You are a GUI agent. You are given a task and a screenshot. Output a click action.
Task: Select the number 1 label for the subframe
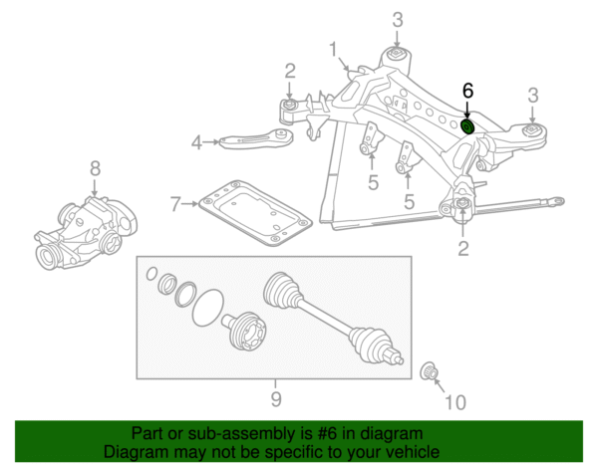click(x=334, y=48)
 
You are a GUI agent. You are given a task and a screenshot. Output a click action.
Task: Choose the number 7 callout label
click(x=175, y=205)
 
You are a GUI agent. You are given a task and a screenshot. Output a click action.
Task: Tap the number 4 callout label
click(x=197, y=143)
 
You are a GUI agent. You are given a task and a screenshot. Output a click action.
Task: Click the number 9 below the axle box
click(x=275, y=400)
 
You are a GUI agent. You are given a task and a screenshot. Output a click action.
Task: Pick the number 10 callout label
click(x=453, y=402)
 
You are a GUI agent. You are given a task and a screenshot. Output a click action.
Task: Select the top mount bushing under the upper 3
click(x=397, y=54)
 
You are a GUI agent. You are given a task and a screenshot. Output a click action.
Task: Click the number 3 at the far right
click(x=533, y=96)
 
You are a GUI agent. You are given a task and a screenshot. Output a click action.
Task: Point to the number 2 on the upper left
click(x=289, y=70)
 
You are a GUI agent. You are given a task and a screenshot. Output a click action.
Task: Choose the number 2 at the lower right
click(x=463, y=248)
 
